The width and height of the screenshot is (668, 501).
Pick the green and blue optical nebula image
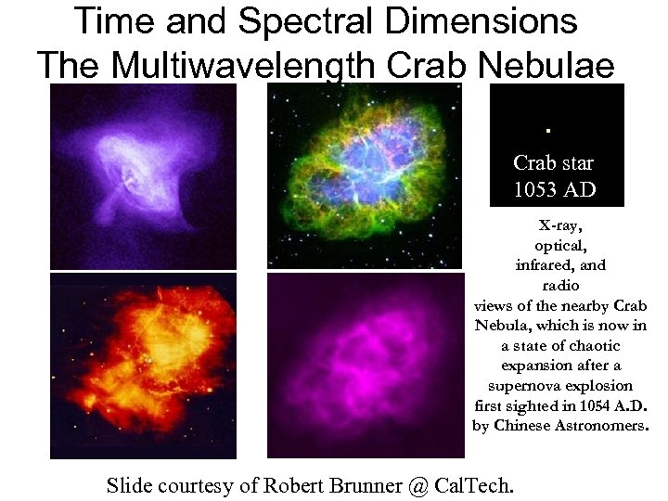(363, 176)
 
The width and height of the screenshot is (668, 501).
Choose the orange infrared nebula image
(143, 365)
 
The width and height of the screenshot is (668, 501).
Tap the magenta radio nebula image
(363, 365)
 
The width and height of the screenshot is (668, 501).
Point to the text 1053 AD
(555, 190)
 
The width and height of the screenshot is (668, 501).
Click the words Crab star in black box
(554, 163)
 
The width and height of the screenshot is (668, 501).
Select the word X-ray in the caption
(559, 225)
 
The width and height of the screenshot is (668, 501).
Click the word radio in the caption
(559, 286)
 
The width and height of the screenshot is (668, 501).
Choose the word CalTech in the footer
(479, 484)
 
